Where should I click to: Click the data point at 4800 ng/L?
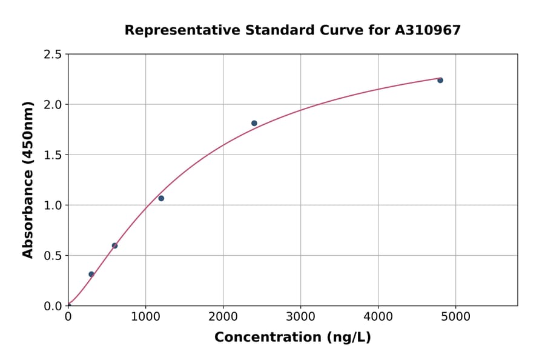(440, 80)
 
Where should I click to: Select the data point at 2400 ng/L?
(254, 123)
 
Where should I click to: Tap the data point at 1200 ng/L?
(161, 198)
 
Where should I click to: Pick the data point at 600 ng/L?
(114, 245)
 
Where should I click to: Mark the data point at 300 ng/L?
(91, 274)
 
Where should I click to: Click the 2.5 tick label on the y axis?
(53, 55)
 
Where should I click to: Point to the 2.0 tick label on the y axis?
(53, 105)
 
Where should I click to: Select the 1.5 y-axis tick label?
(53, 155)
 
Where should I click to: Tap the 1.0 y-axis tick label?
(53, 205)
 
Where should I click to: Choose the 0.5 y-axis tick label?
(53, 256)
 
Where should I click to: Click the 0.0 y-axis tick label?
(53, 306)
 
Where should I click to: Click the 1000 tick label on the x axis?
(145, 316)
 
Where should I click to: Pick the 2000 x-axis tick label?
(223, 316)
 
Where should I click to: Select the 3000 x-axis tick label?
(301, 316)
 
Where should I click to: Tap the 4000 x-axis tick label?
(378, 316)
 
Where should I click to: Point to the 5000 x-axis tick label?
(456, 316)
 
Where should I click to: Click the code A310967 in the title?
(428, 30)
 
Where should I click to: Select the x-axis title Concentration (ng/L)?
(292, 337)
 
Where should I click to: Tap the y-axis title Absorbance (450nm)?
(28, 180)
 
